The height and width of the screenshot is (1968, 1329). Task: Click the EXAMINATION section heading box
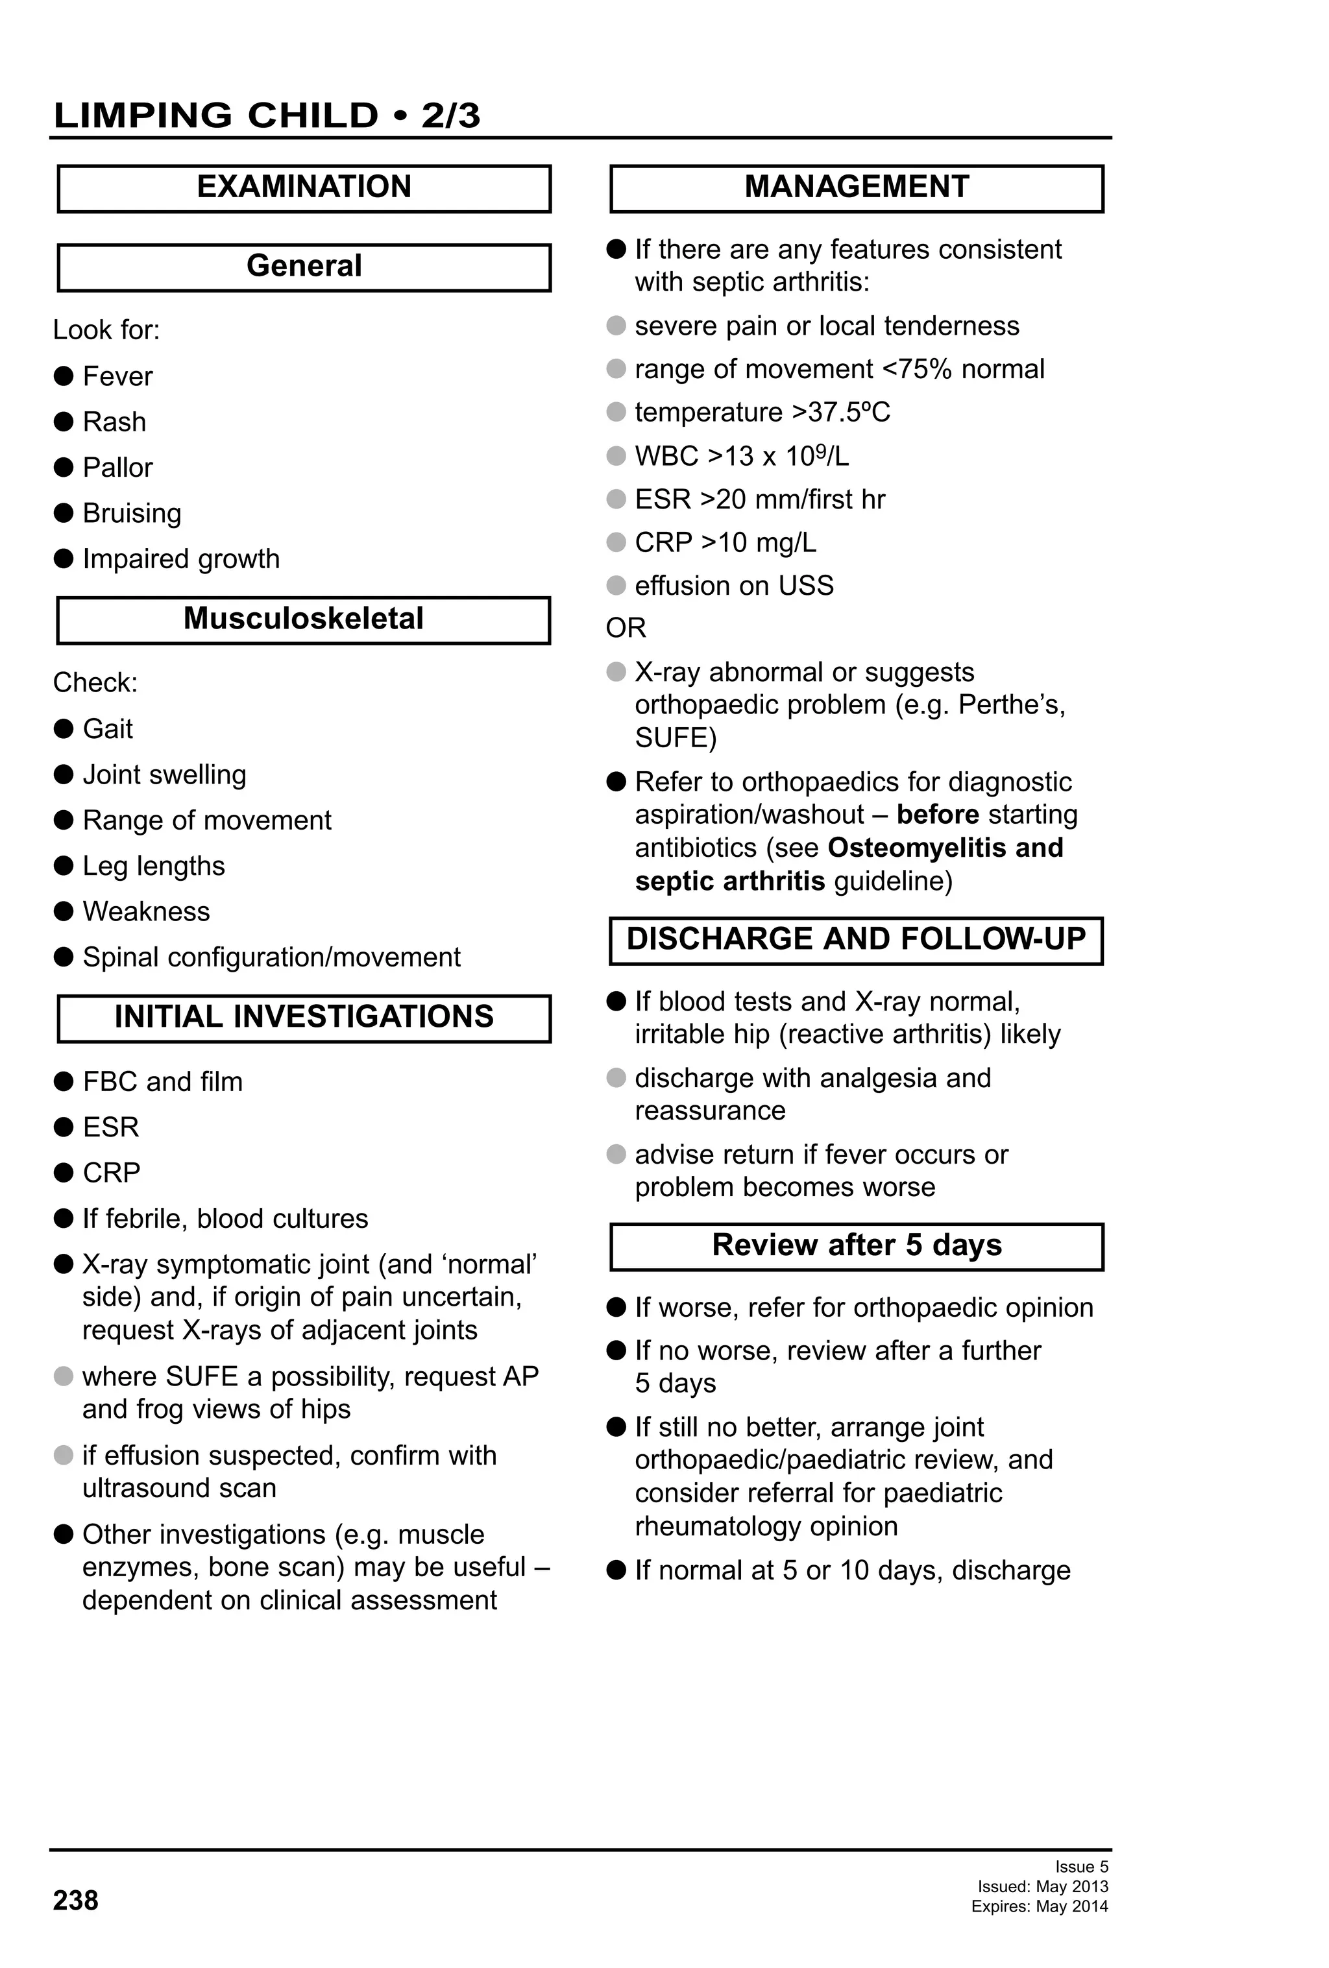[304, 188]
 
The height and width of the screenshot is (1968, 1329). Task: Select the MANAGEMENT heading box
[857, 188]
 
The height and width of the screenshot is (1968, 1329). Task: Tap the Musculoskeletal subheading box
[303, 620]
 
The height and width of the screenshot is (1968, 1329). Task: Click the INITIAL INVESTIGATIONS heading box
[304, 1017]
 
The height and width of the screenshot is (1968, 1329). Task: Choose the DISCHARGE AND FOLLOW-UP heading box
[855, 940]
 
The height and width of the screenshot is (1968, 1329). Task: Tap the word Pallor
[117, 468]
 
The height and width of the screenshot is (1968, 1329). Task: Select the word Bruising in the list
[132, 513]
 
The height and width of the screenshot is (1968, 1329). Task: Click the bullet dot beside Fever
[64, 376]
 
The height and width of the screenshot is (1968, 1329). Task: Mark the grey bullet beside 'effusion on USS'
[616, 585]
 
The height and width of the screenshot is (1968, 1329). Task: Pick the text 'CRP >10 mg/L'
[725, 542]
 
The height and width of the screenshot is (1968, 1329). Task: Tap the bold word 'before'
[938, 815]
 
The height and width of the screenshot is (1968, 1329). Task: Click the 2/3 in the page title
[450, 115]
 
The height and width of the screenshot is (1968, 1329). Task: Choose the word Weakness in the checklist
[147, 911]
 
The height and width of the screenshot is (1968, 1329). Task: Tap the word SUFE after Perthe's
[675, 738]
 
